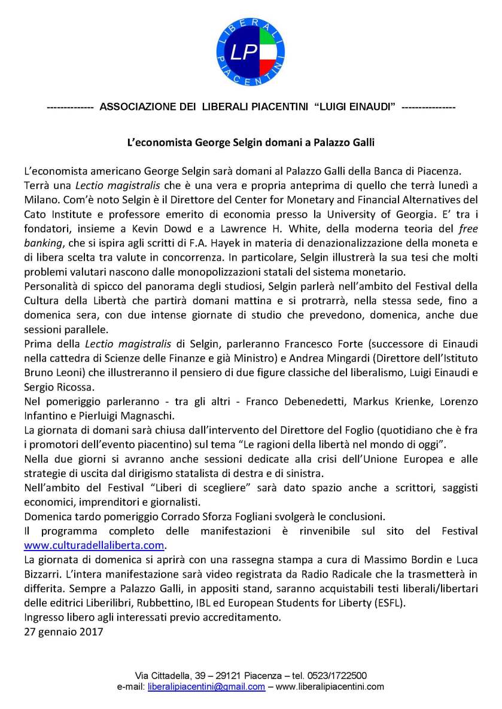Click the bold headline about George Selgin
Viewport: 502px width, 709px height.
251,143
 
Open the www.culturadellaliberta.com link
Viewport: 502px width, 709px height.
94,545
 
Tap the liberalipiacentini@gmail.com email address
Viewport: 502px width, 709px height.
206,687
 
